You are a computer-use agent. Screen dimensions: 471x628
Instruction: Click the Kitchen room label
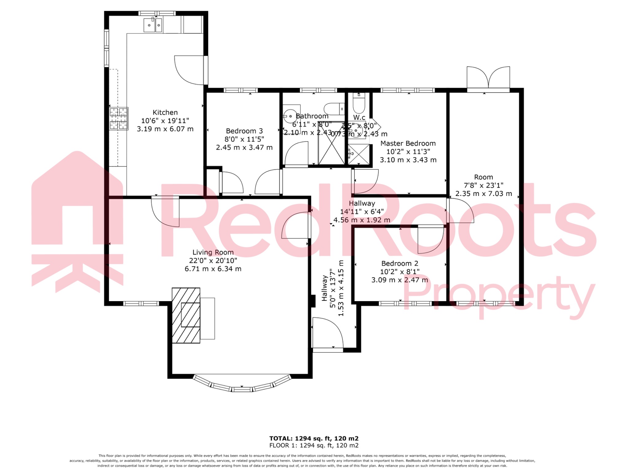[165, 113]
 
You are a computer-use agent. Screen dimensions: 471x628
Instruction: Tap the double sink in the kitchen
[153, 25]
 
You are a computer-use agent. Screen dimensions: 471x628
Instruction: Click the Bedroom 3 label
[244, 131]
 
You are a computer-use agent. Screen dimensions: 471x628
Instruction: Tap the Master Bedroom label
[408, 144]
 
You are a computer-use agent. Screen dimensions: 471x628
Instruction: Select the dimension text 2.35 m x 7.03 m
[483, 194]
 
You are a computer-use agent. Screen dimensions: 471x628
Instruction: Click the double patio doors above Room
[488, 78]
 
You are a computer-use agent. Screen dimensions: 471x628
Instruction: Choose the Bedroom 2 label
[400, 264]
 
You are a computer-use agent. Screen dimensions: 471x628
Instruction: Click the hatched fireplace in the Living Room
[186, 315]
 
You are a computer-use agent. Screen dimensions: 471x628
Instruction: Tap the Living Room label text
[213, 252]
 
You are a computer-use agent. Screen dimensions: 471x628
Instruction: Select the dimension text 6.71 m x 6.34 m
[213, 269]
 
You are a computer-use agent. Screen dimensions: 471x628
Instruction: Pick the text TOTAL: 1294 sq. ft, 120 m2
[314, 438]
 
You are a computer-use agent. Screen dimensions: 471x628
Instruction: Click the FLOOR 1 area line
[314, 446]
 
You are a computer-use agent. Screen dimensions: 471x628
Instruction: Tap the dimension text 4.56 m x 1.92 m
[362, 220]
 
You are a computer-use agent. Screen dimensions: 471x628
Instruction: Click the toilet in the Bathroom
[334, 109]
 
